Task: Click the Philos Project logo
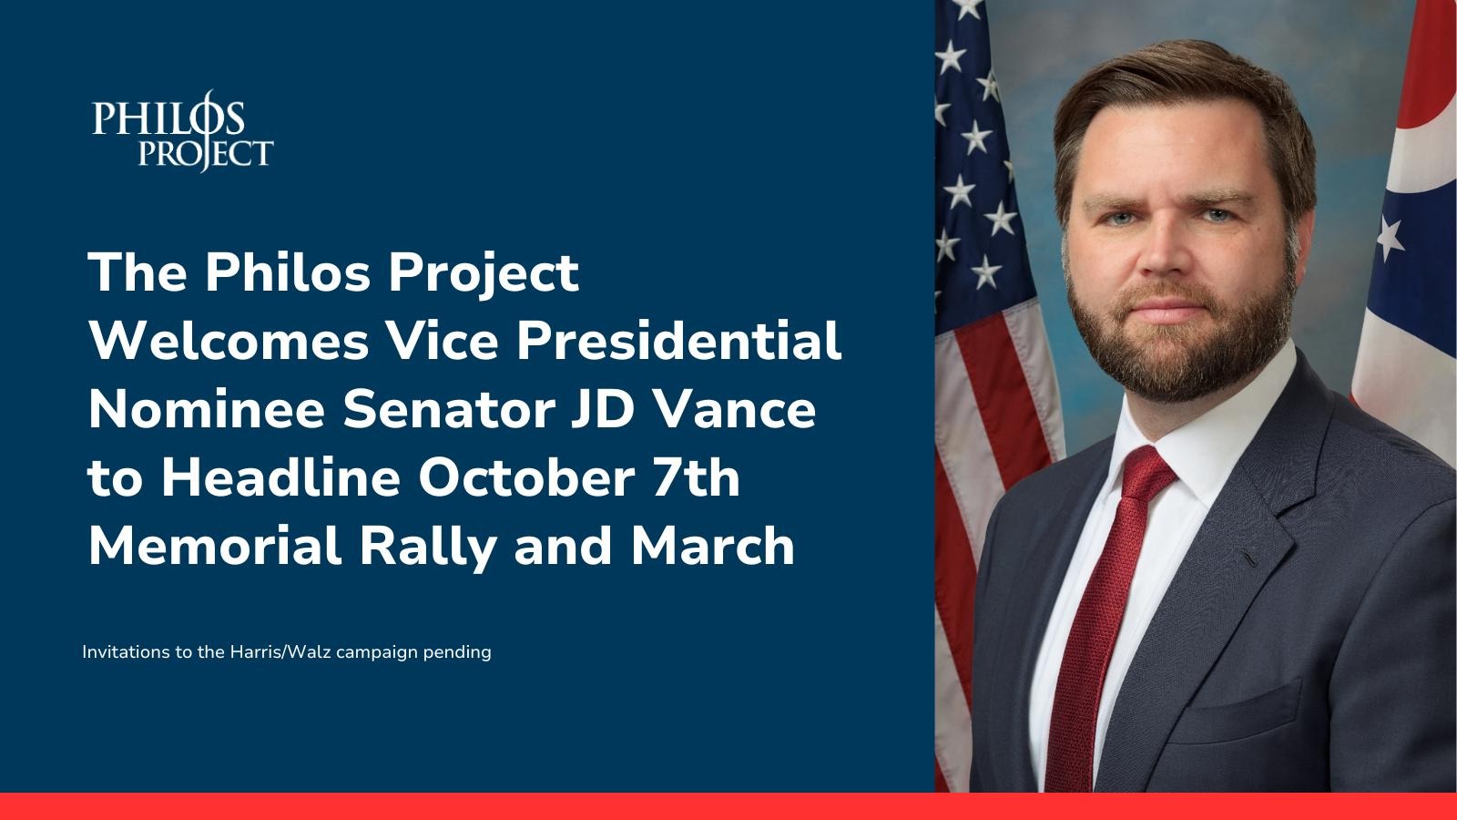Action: click(183, 131)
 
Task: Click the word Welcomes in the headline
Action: click(229, 341)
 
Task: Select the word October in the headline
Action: click(526, 477)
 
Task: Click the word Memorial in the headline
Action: click(215, 546)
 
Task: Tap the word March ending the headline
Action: click(712, 546)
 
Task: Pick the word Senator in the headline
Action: click(449, 409)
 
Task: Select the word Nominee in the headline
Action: click(207, 409)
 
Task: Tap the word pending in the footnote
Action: click(457, 652)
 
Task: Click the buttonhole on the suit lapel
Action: click(1251, 559)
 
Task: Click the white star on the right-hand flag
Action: click(1390, 238)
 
